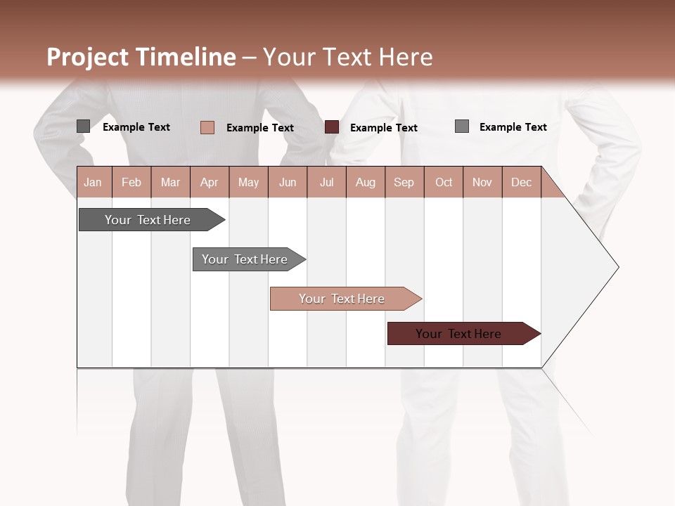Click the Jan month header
pyautogui.click(x=94, y=182)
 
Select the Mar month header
pyautogui.click(x=170, y=182)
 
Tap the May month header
pyautogui.click(x=248, y=182)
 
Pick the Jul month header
pyautogui.click(x=326, y=182)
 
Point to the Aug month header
pyautogui.click(x=365, y=182)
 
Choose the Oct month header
pyautogui.click(x=444, y=182)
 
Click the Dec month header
pyautogui.click(x=521, y=182)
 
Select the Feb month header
pyautogui.click(x=131, y=182)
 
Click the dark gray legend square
pyautogui.click(x=84, y=126)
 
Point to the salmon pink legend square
pyautogui.click(x=207, y=127)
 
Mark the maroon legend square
pyautogui.click(x=332, y=127)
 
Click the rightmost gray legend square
pyautogui.click(x=462, y=126)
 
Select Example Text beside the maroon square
pyautogui.click(x=383, y=128)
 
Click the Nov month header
pyautogui.click(x=482, y=182)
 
